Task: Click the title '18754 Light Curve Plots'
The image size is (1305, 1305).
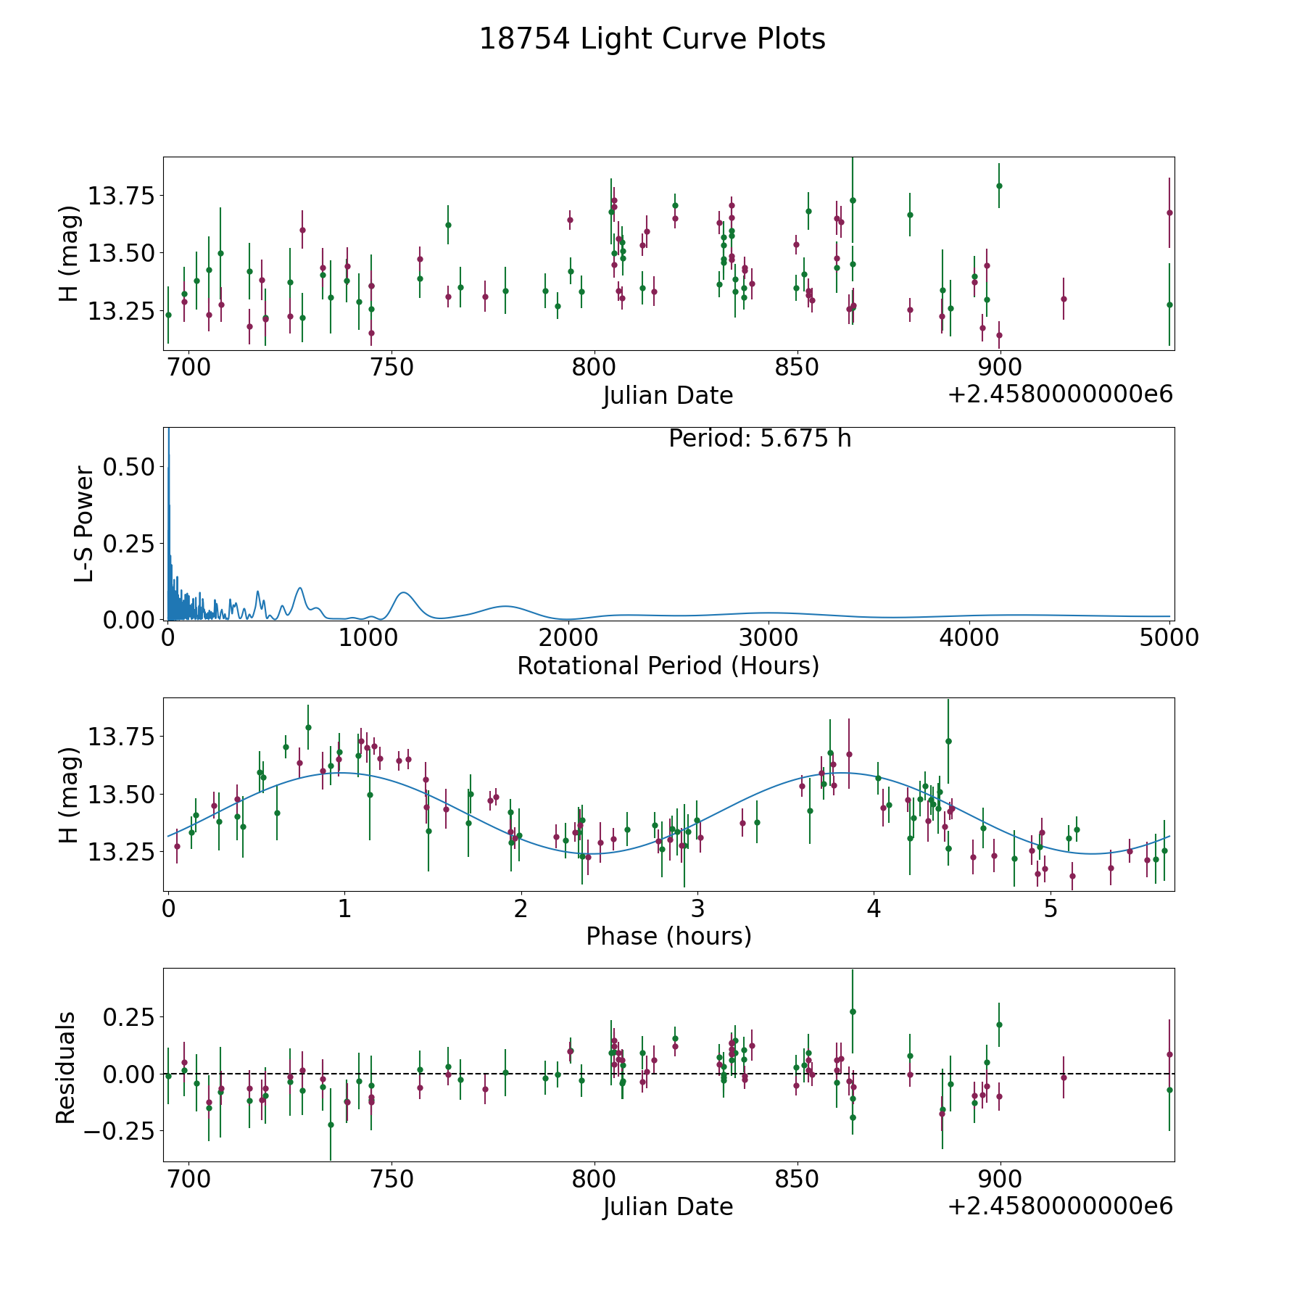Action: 652,39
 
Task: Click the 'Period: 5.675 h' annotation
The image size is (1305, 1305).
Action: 760,439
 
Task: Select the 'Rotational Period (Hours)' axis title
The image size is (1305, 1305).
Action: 668,666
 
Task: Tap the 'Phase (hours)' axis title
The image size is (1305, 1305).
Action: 668,936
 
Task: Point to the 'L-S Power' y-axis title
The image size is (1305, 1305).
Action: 84,524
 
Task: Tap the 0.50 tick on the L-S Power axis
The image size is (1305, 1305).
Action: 128,467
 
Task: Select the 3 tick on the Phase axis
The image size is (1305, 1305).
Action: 697,908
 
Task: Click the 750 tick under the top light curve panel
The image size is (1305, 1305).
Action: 391,368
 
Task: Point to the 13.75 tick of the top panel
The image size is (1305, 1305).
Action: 120,196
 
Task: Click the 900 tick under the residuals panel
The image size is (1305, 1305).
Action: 1000,1179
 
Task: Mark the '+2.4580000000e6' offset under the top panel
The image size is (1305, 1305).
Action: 1060,394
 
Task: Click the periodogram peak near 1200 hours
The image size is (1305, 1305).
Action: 404,593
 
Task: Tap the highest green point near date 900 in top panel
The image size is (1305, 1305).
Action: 999,186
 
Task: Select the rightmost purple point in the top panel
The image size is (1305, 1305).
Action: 1169,212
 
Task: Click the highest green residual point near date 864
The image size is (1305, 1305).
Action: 853,1011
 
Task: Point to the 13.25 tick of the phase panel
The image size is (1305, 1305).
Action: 120,852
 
